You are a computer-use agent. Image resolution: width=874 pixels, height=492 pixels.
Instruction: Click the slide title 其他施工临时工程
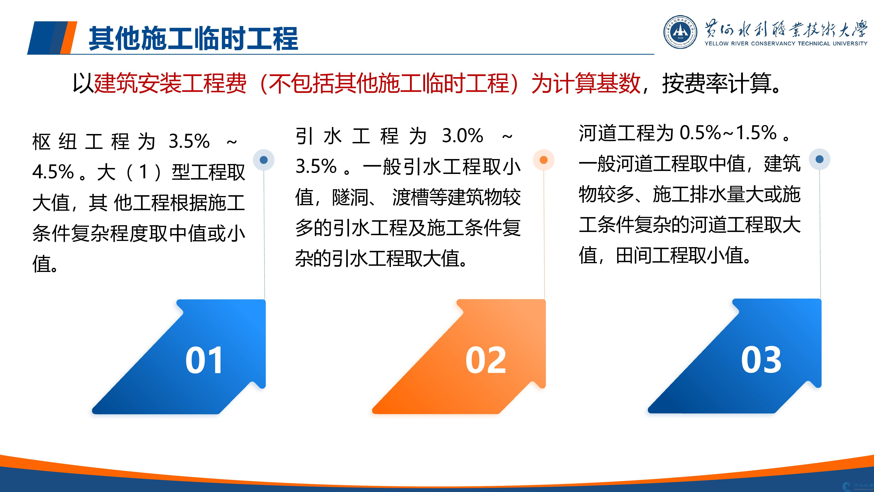193,38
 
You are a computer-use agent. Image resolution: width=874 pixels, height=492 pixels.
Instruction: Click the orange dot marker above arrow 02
543,160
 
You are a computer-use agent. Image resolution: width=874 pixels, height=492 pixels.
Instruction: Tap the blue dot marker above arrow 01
264,160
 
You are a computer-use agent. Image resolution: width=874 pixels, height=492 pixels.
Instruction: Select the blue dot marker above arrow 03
819,159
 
